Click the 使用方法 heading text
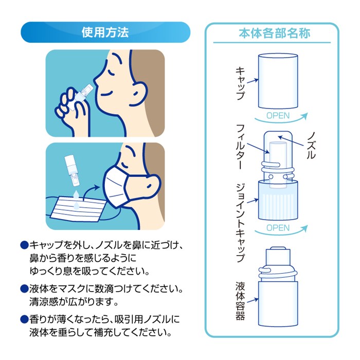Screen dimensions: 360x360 tap(105, 32)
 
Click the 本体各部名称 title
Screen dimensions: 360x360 tap(274, 33)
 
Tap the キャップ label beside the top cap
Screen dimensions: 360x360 tap(240, 83)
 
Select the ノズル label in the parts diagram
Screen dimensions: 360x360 tap(312, 146)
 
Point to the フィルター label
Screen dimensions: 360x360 tap(240, 147)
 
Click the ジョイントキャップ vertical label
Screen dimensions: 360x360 tap(240, 223)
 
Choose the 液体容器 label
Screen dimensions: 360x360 tap(240, 301)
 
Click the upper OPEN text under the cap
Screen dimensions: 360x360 tap(278, 116)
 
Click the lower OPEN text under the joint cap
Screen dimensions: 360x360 tap(278, 228)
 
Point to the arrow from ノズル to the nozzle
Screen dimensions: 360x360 tap(291, 141)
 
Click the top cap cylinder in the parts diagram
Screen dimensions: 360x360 tap(278, 81)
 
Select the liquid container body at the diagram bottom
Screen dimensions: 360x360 tap(278, 304)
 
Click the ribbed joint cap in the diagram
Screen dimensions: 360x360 tap(278, 200)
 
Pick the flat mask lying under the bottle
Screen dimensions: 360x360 tap(77, 209)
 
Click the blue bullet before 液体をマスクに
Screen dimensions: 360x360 tap(24, 289)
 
